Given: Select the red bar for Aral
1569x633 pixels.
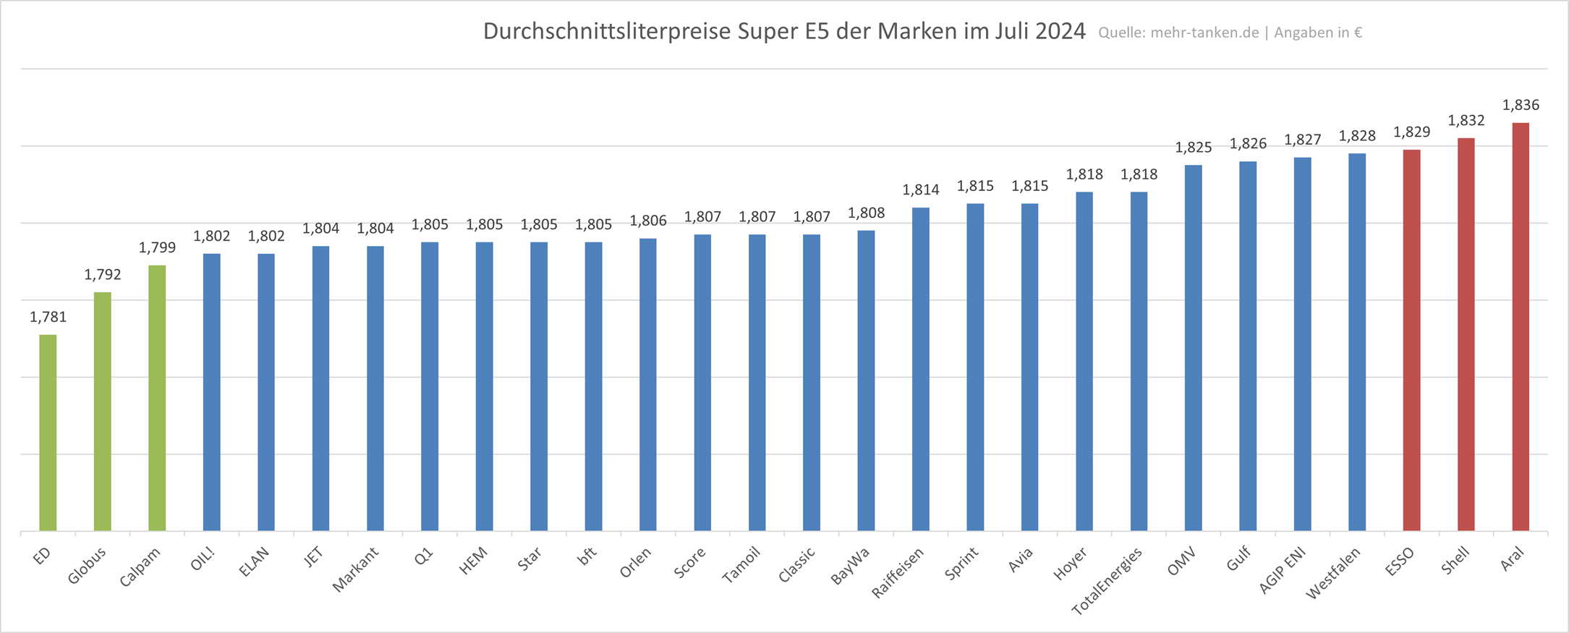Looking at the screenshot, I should pyautogui.click(x=1520, y=326).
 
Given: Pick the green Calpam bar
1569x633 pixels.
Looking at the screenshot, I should pyautogui.click(x=157, y=398).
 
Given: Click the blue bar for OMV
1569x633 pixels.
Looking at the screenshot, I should pyautogui.click(x=1193, y=347).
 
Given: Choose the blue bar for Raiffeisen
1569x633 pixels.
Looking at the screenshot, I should pyautogui.click(x=920, y=369).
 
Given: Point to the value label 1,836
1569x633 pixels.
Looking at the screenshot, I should pyautogui.click(x=1521, y=105).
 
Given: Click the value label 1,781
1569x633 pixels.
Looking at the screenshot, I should pyautogui.click(x=48, y=317).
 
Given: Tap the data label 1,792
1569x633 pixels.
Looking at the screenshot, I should pyautogui.click(x=103, y=274).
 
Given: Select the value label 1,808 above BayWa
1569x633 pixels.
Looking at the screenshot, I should pyautogui.click(x=866, y=213).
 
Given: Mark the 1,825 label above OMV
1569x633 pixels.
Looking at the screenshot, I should pyautogui.click(x=1193, y=148).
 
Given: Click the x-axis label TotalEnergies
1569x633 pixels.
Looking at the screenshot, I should pyautogui.click(x=1107, y=581).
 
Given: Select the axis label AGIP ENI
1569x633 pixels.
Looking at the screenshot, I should pyautogui.click(x=1281, y=570).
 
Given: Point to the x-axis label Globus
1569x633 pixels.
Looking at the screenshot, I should pyautogui.click(x=87, y=565).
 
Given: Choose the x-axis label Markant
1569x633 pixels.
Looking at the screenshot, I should pyautogui.click(x=355, y=569).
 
